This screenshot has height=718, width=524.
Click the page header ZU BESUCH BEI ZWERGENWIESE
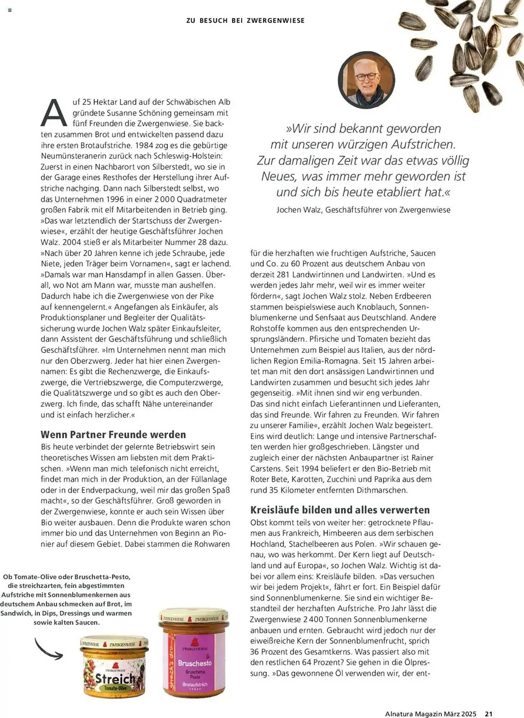[245, 21]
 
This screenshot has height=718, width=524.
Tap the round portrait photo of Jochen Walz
[366, 80]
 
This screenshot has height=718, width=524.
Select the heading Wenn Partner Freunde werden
[113, 434]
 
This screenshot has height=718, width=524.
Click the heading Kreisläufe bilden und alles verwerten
[340, 510]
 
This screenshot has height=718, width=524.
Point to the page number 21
[488, 714]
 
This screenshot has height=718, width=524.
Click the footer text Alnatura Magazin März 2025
[430, 714]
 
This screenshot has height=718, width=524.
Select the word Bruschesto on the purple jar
[195, 663]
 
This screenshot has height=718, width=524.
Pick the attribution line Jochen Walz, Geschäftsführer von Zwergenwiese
[363, 210]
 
